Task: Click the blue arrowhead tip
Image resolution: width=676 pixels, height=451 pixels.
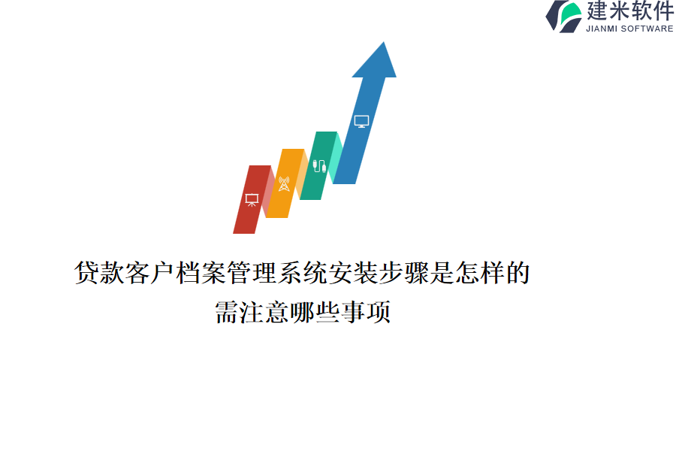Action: pyautogui.click(x=383, y=42)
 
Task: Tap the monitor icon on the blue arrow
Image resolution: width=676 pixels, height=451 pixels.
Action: pyautogui.click(x=361, y=121)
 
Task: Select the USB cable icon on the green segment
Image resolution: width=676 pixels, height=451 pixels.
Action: pyautogui.click(x=319, y=165)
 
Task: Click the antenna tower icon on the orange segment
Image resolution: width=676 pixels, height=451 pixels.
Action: pyautogui.click(x=284, y=183)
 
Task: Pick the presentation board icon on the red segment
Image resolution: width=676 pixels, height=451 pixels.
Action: pyautogui.click(x=252, y=199)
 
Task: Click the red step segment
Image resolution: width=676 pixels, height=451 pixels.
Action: pyautogui.click(x=252, y=199)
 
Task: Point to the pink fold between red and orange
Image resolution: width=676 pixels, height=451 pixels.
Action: pyautogui.click(x=269, y=192)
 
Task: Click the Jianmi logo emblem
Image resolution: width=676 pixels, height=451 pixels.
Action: pyautogui.click(x=564, y=17)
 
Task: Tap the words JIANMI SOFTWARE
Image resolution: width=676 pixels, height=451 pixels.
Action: pyautogui.click(x=629, y=29)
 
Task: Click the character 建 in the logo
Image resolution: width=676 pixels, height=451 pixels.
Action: pyautogui.click(x=596, y=11)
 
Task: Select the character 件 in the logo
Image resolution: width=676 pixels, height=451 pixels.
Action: pyautogui.click(x=663, y=11)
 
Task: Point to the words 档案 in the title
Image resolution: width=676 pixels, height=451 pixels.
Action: pyautogui.click(x=201, y=273)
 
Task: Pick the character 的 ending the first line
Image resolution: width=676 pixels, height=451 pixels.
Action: pyautogui.click(x=518, y=273)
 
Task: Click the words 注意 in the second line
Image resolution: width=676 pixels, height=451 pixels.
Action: pyautogui.click(x=264, y=312)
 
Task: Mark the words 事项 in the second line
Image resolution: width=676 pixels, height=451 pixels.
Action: pyautogui.click(x=366, y=312)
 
